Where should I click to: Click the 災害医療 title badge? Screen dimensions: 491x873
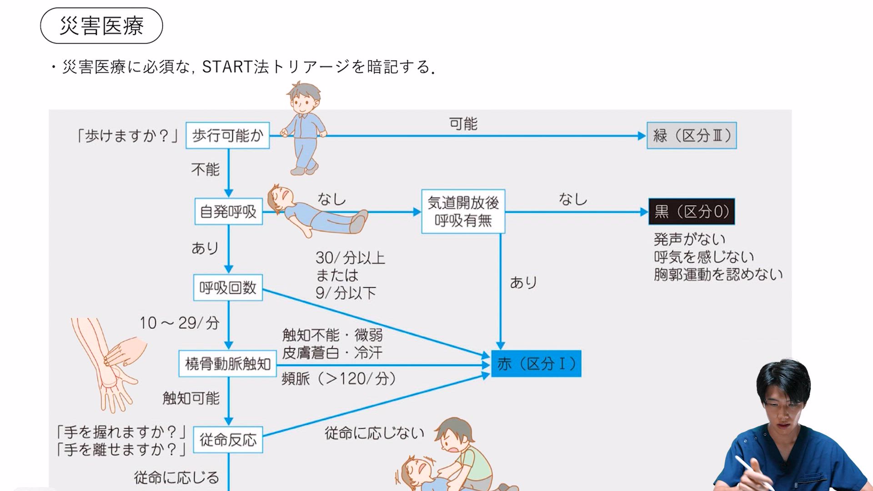point(101,25)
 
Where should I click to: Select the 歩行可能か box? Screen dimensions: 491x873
point(227,135)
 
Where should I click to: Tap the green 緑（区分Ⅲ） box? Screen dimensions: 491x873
point(692,135)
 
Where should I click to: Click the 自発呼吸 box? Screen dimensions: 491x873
point(228,211)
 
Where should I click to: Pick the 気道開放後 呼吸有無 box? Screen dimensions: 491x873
point(463,211)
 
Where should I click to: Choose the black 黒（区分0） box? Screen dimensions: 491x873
point(692,211)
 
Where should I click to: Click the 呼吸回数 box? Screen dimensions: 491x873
point(228,287)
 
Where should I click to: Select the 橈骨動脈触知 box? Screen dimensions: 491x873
point(228,364)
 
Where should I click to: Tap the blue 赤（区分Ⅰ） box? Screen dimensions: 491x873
point(536,364)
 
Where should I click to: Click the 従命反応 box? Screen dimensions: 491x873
point(228,440)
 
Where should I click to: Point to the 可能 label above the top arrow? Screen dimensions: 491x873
point(463,124)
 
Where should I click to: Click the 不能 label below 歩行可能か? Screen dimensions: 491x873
point(205,170)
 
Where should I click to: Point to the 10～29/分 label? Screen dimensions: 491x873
point(180,323)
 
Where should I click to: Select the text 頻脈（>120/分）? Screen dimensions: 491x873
point(339,379)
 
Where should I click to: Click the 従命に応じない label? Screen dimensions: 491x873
point(374,433)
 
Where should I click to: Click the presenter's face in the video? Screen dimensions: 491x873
point(784,409)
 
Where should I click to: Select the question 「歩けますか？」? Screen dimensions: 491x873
point(127,135)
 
